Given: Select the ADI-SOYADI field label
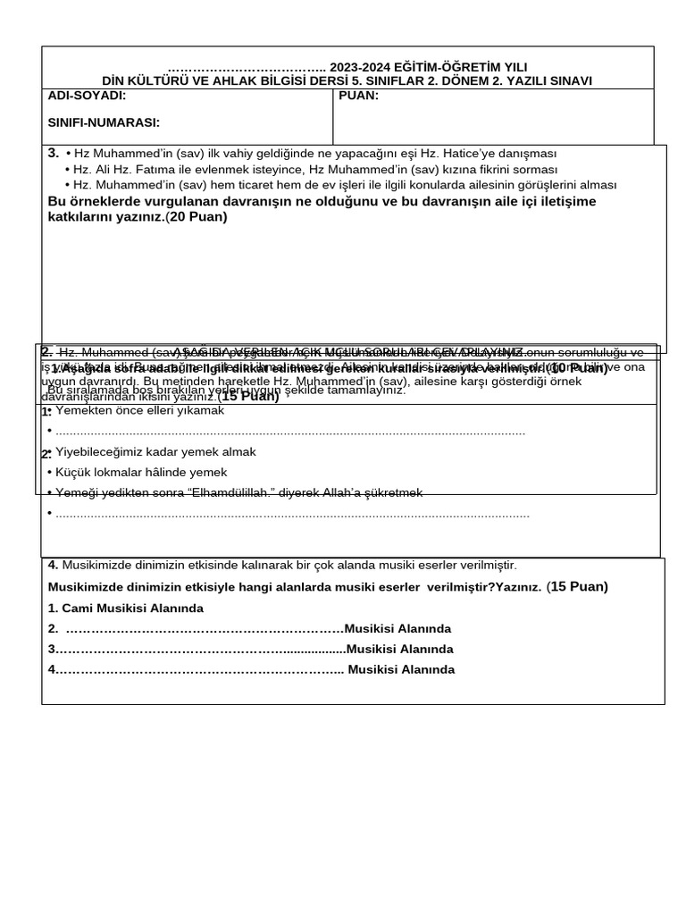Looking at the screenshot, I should click(87, 96).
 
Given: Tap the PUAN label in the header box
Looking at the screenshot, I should click(359, 96).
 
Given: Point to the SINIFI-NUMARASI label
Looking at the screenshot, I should click(104, 122).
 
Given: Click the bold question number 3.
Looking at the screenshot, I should click(53, 153).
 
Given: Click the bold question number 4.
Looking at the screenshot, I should click(53, 565).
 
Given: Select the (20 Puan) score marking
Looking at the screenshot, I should click(197, 216).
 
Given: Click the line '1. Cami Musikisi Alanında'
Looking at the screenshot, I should click(126, 608).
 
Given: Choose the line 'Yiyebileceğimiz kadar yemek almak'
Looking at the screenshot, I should click(155, 452).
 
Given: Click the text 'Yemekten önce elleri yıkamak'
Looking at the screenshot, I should click(139, 411).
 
